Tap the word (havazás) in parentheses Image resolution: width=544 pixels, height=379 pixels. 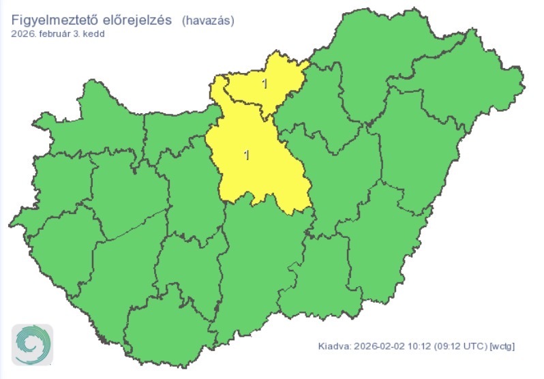click(208, 20)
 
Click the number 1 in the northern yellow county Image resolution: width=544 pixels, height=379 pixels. click(265, 84)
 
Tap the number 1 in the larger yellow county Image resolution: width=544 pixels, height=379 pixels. click(246, 155)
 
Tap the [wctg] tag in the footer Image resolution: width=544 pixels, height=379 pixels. click(502, 346)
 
